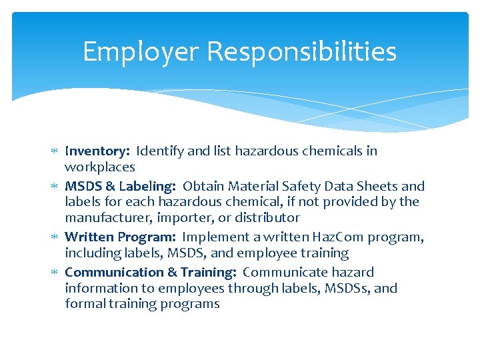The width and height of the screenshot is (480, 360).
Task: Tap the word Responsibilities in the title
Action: (x=300, y=51)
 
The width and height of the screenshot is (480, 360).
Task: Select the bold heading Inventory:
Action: (x=97, y=151)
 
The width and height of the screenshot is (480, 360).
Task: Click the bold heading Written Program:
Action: (x=121, y=237)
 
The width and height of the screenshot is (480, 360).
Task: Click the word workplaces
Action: (x=99, y=167)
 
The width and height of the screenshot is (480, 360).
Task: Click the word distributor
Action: (x=266, y=218)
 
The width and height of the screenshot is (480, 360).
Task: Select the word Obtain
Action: (x=203, y=186)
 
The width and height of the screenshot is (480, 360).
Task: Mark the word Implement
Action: (x=214, y=237)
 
